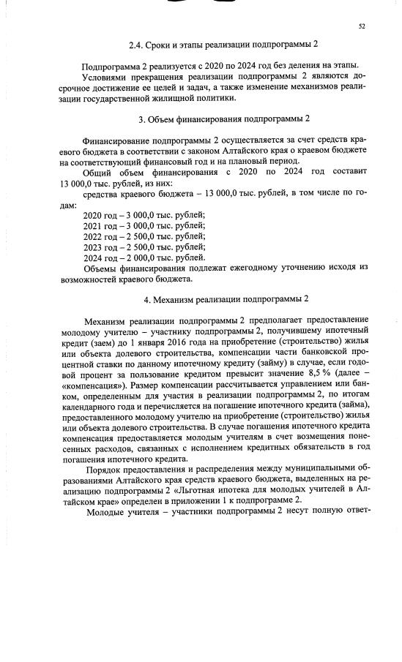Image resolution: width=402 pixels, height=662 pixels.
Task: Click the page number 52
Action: point(362,26)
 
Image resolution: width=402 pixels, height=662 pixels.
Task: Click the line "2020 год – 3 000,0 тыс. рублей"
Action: point(144,214)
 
